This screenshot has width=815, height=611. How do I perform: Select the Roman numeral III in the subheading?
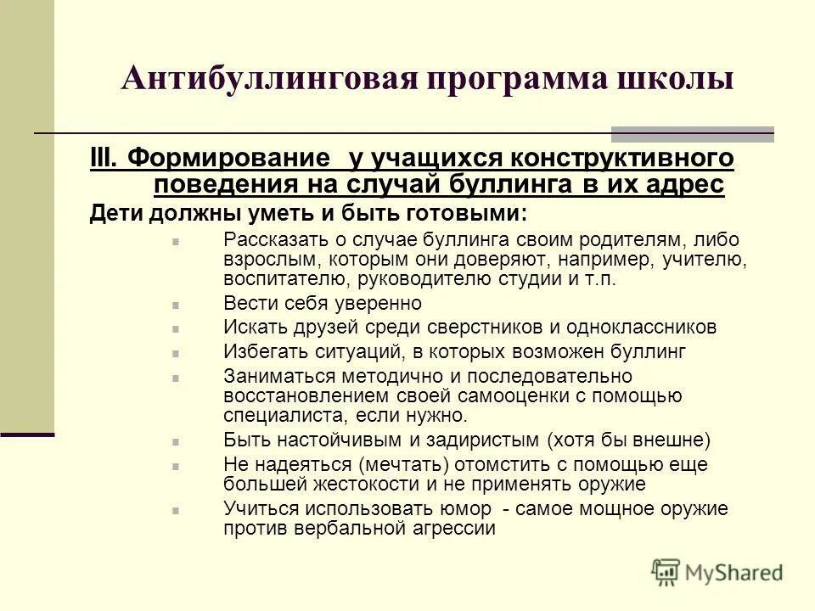(106, 159)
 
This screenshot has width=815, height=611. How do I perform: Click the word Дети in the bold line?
(113, 212)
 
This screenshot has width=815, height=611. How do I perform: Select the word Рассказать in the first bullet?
(273, 241)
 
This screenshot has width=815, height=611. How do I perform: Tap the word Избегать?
(260, 350)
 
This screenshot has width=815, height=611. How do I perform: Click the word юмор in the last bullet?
(466, 509)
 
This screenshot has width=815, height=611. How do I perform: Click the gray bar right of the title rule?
(692, 133)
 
